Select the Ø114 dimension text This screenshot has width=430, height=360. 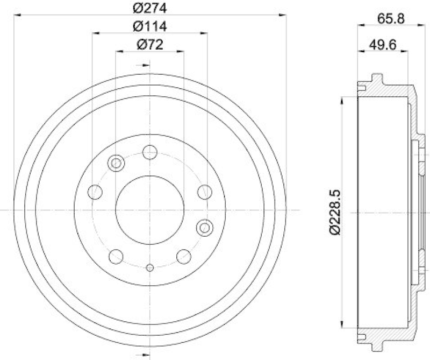coord(149,26)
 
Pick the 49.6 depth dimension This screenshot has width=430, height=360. coord(383,45)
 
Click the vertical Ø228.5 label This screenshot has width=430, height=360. coord(334,211)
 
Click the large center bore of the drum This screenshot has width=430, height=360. coord(149,209)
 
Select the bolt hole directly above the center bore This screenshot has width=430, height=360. coord(149,152)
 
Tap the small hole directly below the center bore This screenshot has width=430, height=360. coord(149,267)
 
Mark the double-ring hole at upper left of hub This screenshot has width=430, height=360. coord(115,162)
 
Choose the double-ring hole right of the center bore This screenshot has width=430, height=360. coord(204,228)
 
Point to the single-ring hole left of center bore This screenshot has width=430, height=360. coord(95,190)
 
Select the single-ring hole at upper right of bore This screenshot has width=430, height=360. coord(204,190)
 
